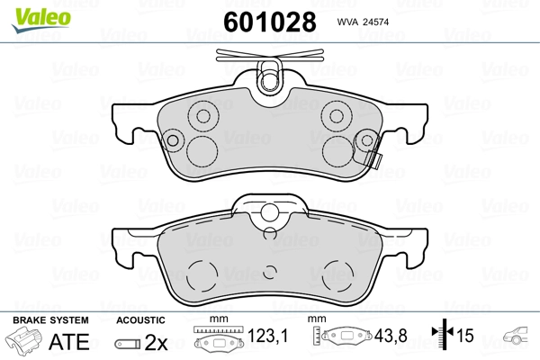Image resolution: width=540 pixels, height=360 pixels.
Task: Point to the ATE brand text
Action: [68, 342]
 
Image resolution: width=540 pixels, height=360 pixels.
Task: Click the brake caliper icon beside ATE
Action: [24, 342]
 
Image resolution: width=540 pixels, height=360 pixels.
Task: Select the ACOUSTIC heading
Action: [141, 319]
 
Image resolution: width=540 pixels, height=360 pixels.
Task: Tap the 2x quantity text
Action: [157, 342]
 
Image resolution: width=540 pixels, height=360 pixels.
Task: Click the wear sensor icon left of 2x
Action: [128, 343]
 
